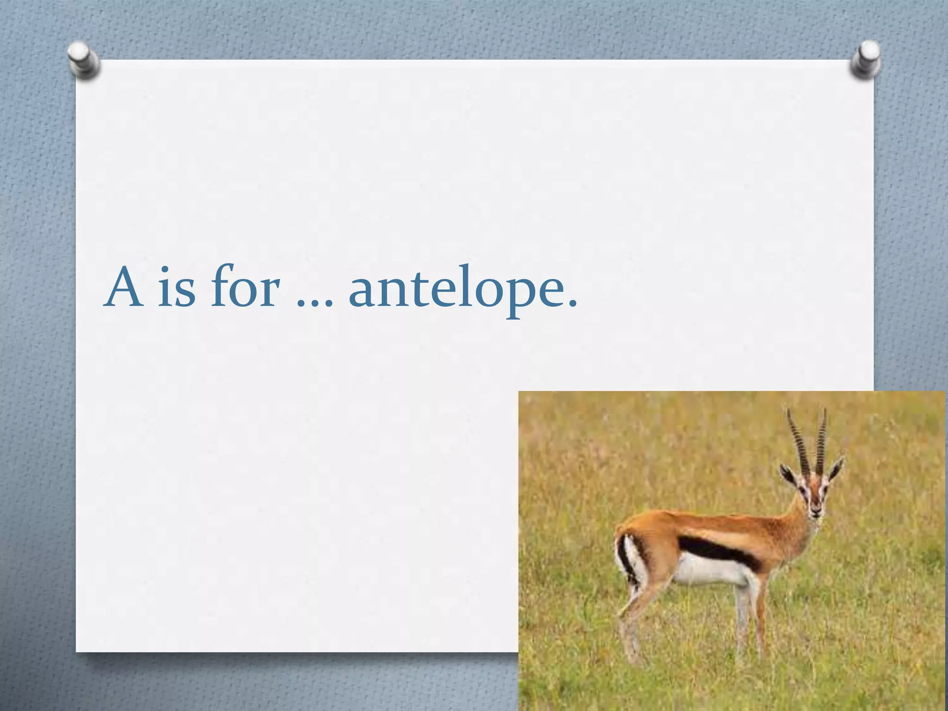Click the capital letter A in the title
pos(123,288)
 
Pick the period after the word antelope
pos(573,303)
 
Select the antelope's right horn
pos(821,440)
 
